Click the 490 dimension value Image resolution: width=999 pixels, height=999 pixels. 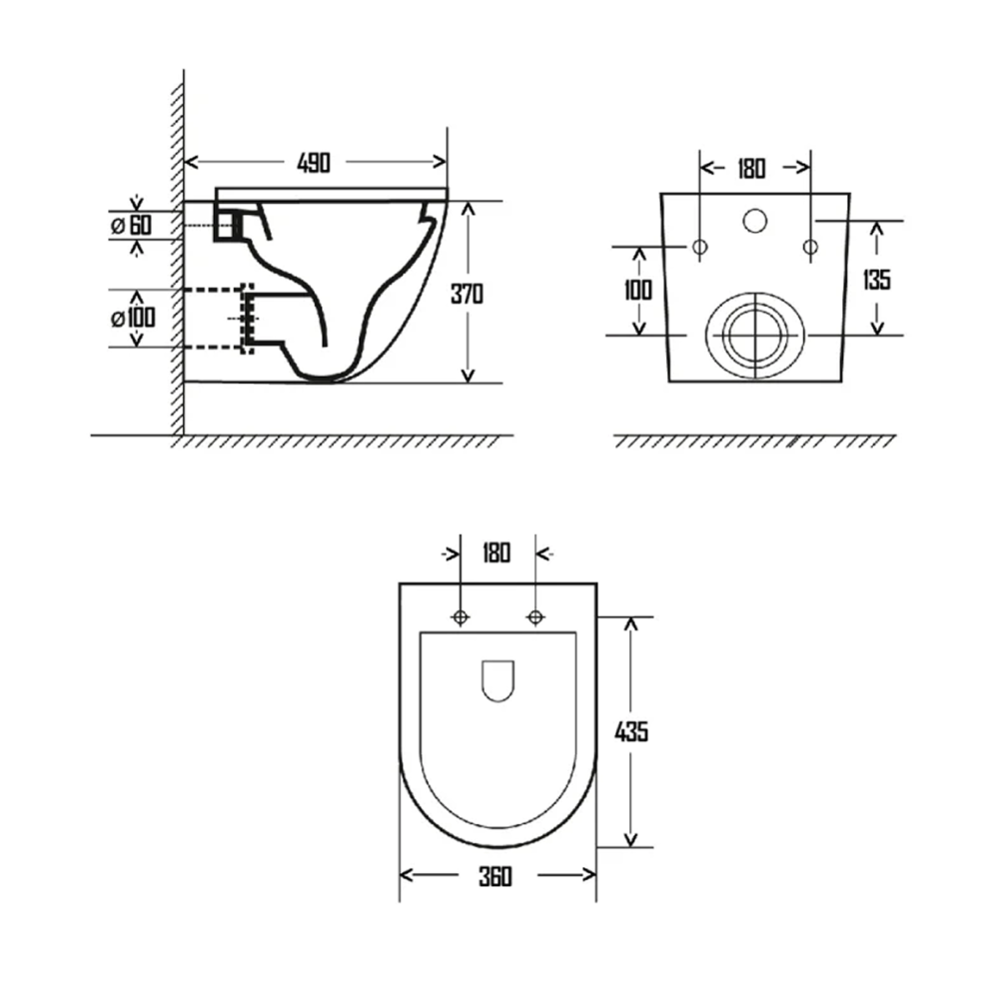point(315,162)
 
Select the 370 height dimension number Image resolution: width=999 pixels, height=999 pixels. point(467,295)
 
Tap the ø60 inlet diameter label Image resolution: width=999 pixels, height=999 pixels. point(131,226)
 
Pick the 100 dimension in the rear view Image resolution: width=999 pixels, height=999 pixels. point(637,291)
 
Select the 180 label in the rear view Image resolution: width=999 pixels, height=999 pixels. point(751,168)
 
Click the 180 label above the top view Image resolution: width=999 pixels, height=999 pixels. point(496,552)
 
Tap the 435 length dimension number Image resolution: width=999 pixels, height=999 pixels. point(630,731)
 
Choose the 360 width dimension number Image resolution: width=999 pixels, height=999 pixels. point(495,877)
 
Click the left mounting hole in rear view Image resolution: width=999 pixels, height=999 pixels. point(699,246)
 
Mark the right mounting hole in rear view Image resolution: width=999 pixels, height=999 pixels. point(810,246)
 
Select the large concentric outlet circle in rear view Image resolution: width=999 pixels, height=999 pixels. point(755,336)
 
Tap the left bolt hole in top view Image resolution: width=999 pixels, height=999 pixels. point(460,617)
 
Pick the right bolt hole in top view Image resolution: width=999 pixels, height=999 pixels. point(535,617)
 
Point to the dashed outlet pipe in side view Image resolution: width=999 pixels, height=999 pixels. point(215,319)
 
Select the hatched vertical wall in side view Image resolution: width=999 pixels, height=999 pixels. point(177,260)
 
